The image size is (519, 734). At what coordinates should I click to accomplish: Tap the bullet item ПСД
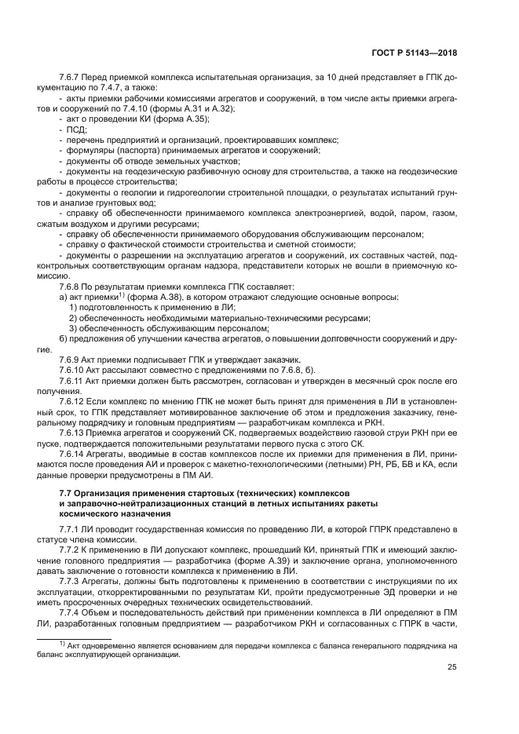coord(75,128)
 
